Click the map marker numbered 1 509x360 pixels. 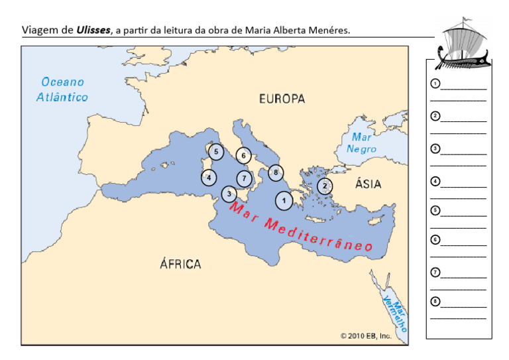(x=284, y=199)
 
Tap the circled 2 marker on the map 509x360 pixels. (x=325, y=186)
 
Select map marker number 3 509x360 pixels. (x=229, y=194)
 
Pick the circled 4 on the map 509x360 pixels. (x=209, y=177)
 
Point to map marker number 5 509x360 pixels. (x=216, y=152)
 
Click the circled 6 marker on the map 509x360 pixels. (x=244, y=156)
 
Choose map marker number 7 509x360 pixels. (x=245, y=178)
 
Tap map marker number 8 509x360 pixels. (x=276, y=173)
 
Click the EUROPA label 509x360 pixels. (x=282, y=99)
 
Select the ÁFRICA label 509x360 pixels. (x=180, y=264)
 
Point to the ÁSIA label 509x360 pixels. (x=368, y=184)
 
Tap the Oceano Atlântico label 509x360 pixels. (x=63, y=90)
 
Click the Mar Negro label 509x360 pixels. (x=361, y=143)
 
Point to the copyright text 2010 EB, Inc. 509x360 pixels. (x=366, y=336)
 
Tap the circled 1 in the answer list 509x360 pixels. (x=435, y=84)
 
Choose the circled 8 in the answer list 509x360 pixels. (x=435, y=302)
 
